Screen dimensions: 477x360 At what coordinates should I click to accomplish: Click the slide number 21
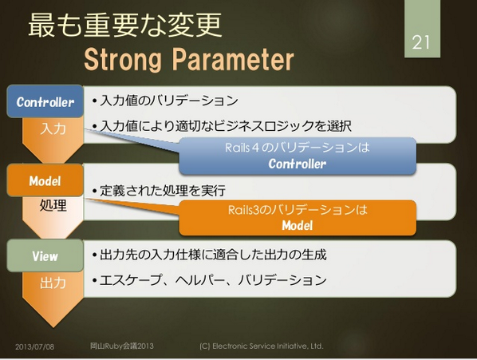click(x=421, y=42)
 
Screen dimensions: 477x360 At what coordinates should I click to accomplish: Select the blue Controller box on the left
click(x=45, y=101)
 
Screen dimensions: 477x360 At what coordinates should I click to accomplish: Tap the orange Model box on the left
click(x=45, y=180)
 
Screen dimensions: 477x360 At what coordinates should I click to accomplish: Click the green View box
click(x=45, y=255)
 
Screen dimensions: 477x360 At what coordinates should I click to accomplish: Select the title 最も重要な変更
click(x=124, y=26)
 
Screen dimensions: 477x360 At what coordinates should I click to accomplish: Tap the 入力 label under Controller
click(x=53, y=129)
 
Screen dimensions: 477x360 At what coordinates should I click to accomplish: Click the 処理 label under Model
click(x=53, y=205)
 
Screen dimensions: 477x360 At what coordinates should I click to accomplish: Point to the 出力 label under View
click(x=53, y=283)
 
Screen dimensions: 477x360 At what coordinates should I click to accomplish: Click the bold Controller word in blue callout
click(x=298, y=164)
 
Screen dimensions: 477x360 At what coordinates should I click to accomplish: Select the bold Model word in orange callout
click(x=298, y=225)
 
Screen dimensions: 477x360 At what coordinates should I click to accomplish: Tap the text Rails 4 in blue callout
click(x=242, y=148)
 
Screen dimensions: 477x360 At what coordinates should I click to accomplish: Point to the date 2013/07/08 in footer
click(x=34, y=346)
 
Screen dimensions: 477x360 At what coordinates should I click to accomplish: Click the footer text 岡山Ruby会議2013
click(x=122, y=346)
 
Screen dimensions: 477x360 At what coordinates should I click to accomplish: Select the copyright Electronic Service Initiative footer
click(x=262, y=346)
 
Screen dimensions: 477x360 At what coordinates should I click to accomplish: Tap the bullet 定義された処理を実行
click(x=159, y=191)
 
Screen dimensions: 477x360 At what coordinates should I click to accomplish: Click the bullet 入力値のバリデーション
click(x=165, y=101)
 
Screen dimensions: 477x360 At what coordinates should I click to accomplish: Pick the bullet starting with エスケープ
click(x=209, y=280)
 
